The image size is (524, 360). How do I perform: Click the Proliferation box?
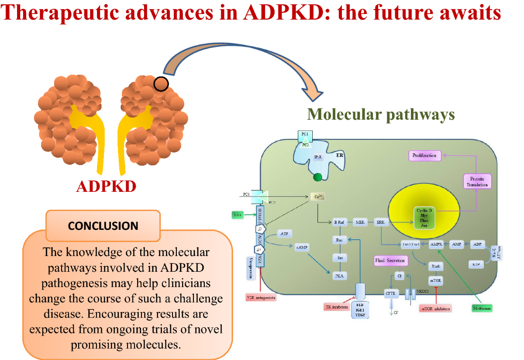click(424, 156)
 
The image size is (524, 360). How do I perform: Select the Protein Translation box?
click(477, 181)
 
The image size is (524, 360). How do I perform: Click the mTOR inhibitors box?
click(435, 308)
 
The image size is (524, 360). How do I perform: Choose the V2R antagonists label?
click(261, 298)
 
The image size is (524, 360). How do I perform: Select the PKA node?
click(338, 276)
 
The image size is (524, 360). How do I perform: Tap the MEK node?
click(360, 222)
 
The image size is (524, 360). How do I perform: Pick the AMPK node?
click(437, 244)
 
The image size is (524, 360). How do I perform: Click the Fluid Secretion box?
click(390, 261)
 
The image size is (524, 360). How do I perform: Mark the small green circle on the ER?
click(318, 177)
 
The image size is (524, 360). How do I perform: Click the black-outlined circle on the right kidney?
click(161, 84)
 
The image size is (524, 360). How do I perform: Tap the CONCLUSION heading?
click(103, 226)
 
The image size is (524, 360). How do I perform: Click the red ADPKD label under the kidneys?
click(106, 187)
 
